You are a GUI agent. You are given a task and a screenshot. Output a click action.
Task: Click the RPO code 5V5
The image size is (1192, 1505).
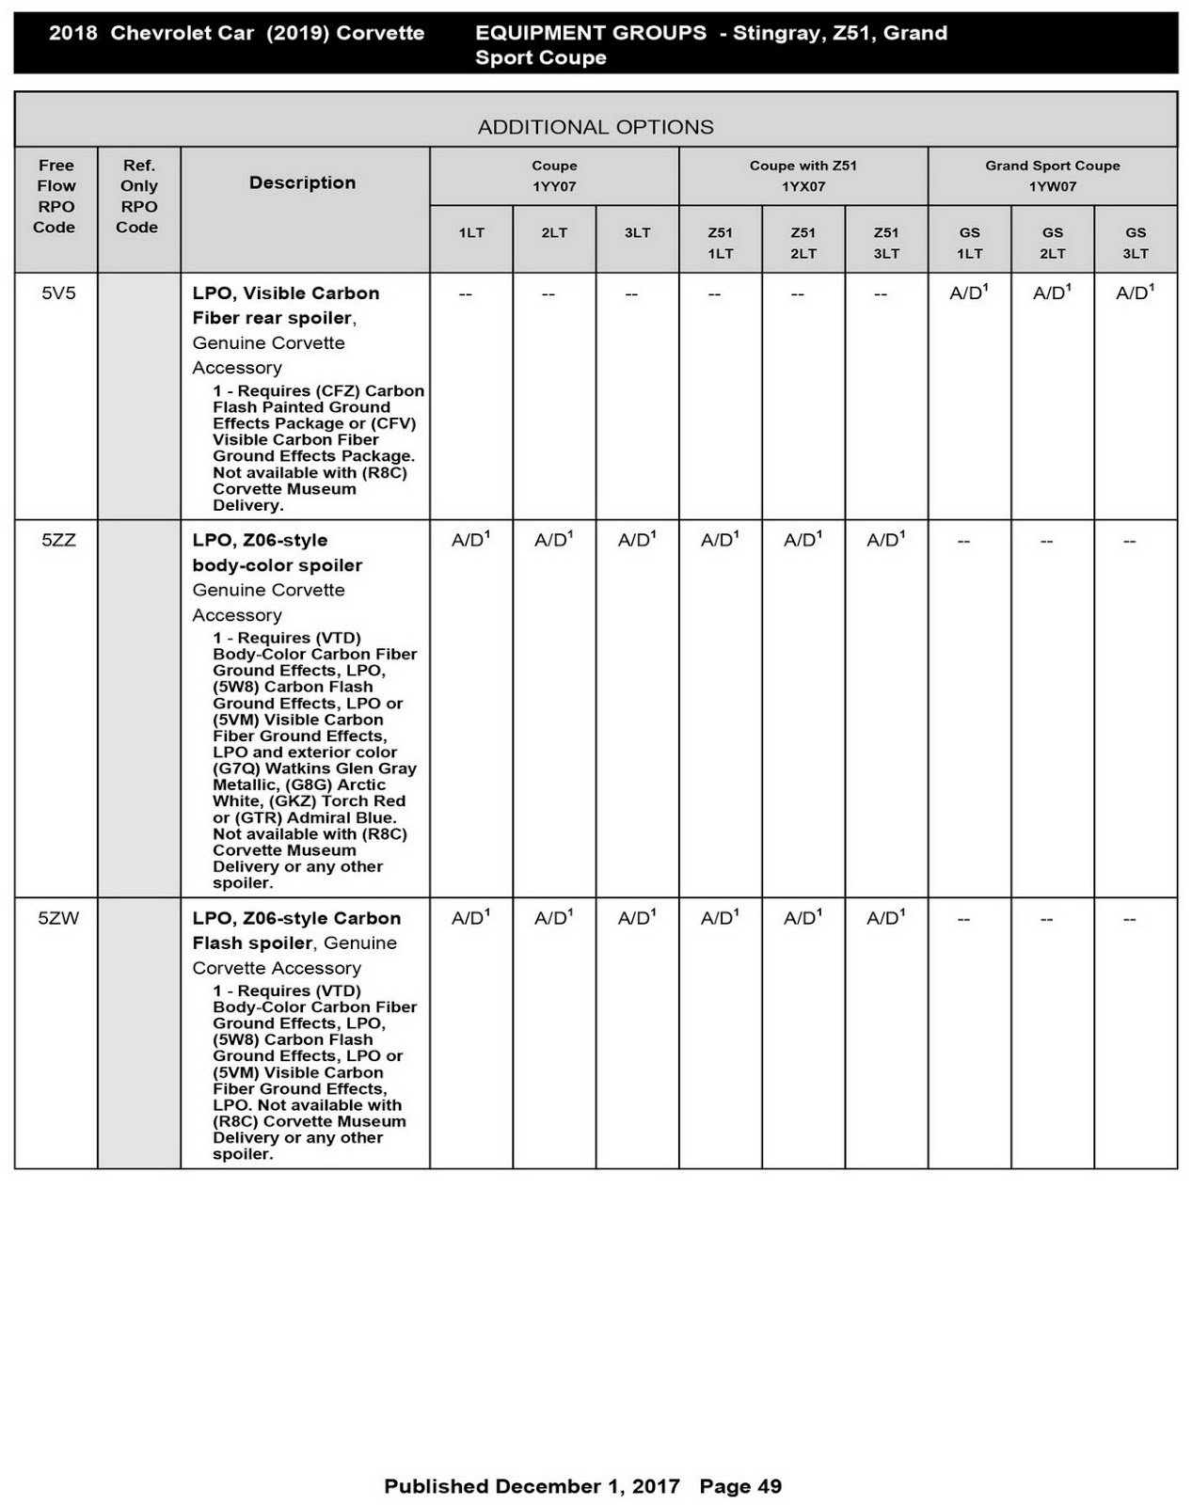(x=57, y=293)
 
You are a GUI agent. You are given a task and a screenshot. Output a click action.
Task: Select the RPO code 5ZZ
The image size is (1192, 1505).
(x=57, y=541)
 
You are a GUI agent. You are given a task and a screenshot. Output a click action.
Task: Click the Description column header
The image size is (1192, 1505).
(x=302, y=182)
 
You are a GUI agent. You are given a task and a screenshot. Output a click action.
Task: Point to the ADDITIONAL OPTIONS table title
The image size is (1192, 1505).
(x=595, y=127)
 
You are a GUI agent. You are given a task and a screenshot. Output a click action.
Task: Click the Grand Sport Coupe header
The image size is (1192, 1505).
(x=1052, y=166)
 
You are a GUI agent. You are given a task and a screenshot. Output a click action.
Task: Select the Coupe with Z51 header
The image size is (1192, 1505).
(x=803, y=166)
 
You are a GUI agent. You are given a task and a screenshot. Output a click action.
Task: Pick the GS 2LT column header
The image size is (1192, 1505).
(x=1052, y=243)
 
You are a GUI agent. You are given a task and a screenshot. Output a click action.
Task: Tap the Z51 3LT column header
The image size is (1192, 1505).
(x=885, y=243)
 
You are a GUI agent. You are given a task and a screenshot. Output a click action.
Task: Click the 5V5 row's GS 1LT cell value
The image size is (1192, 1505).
(x=968, y=293)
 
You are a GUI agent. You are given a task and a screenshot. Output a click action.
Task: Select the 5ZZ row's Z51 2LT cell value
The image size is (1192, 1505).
(x=803, y=541)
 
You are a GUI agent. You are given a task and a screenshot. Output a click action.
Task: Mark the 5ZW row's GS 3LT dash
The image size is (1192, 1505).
(x=1129, y=919)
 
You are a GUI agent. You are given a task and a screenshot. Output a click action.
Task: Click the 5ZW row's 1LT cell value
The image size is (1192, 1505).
(x=470, y=919)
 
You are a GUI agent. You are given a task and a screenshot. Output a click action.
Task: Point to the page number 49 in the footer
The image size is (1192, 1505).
(x=769, y=1486)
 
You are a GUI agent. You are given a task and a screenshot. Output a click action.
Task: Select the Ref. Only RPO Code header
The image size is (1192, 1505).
(x=138, y=196)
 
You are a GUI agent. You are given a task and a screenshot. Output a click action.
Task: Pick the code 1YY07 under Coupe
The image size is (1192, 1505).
(x=554, y=186)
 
